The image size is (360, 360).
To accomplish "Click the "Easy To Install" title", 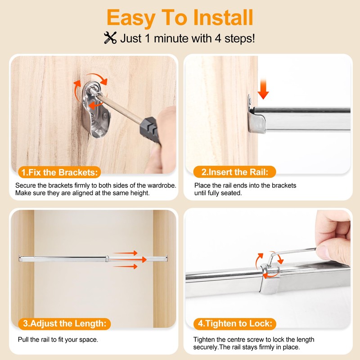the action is point(180,18).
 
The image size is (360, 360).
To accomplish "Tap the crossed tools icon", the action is point(110,38).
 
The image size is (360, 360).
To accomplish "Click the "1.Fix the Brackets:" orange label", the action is point(59,172).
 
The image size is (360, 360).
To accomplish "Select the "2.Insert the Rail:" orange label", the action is point(234,172).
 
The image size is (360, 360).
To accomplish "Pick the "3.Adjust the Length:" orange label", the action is point(64,324).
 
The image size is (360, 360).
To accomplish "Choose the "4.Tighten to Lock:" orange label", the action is point(235,324).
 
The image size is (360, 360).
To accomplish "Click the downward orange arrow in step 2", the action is point(263,89).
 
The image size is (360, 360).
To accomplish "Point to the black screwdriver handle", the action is point(150,130).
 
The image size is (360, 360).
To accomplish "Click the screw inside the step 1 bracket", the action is point(94,91).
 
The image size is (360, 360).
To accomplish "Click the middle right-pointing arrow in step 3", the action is point(130,260).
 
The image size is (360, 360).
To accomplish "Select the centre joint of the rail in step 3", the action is point(107,259).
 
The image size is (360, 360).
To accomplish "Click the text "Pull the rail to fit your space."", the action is point(58,340).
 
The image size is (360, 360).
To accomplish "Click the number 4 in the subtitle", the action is point(218,38).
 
